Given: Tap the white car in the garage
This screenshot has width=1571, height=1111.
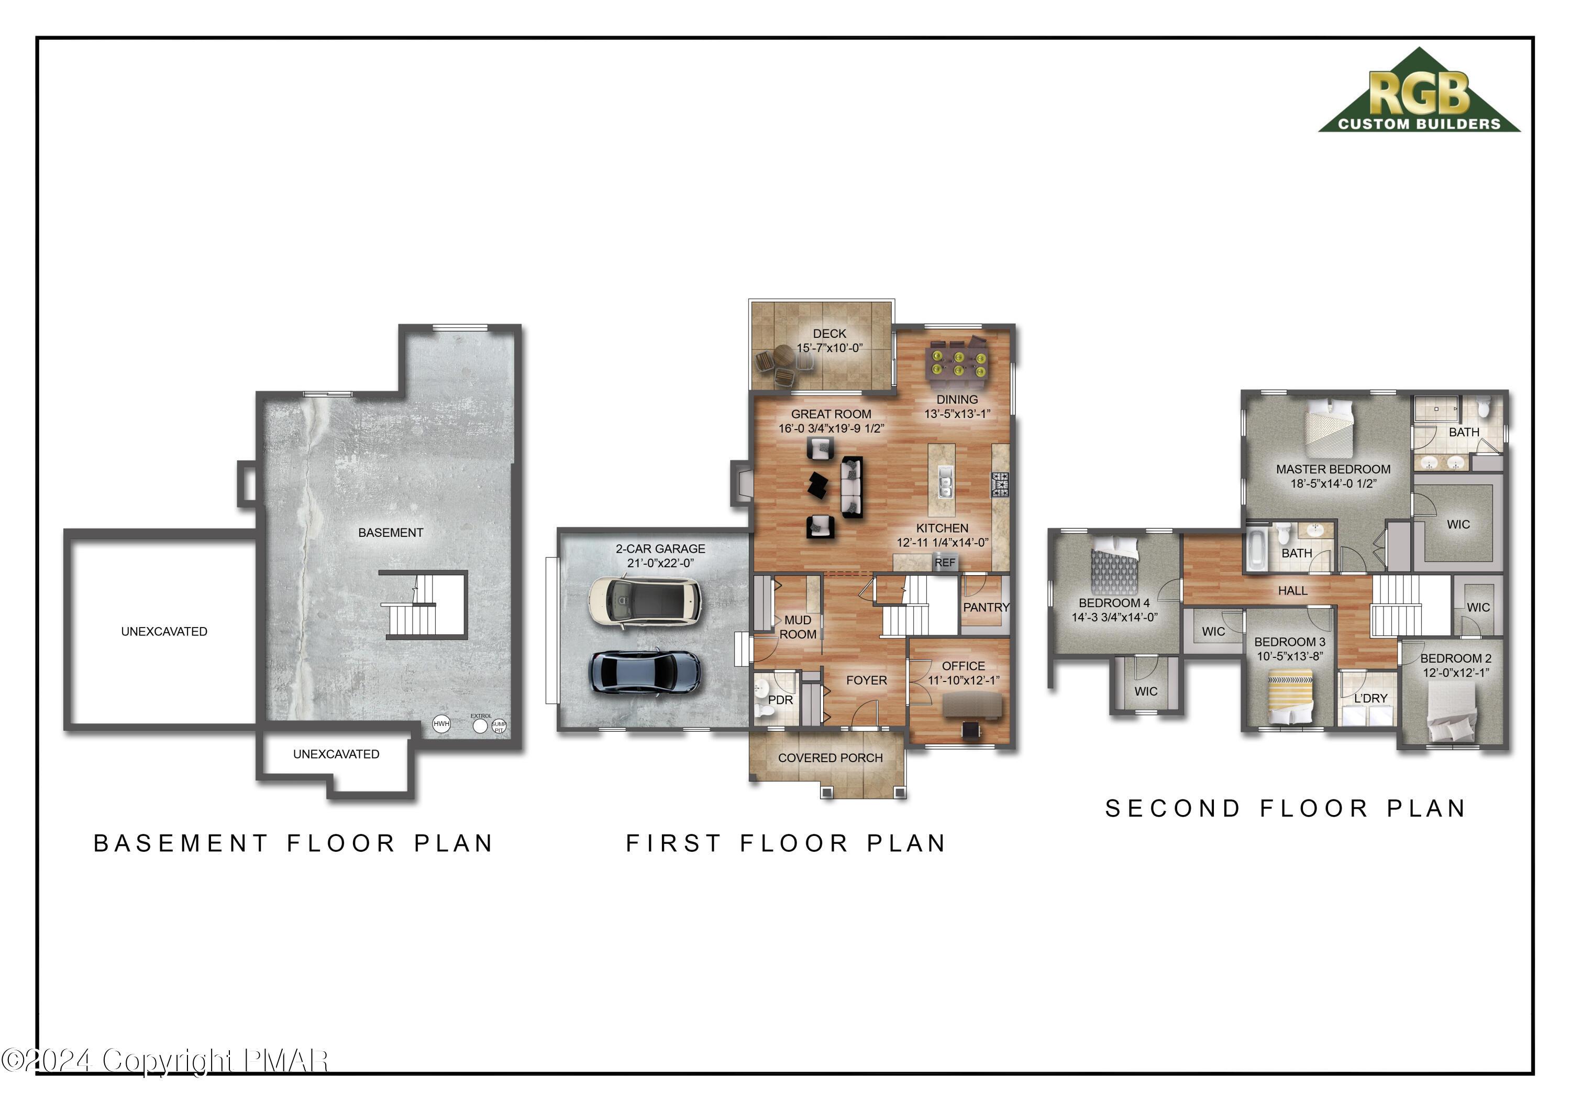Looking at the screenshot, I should [645, 601].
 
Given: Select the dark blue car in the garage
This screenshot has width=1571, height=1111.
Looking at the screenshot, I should [645, 672].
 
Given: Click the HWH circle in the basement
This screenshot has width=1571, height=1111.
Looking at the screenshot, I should [441, 723].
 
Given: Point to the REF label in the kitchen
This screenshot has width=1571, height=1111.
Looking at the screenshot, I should [944, 563].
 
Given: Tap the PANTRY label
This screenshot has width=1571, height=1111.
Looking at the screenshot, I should [986, 607].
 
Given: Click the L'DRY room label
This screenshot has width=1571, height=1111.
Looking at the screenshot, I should [1370, 698].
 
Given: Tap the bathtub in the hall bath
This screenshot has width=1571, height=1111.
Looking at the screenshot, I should [1256, 549].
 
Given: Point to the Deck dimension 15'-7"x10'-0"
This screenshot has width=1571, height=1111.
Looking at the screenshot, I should [829, 348].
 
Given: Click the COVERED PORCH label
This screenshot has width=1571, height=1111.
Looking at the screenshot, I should [830, 758].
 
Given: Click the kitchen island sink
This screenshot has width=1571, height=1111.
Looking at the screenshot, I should [945, 482].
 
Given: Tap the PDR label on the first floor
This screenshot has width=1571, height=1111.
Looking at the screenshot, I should [780, 700].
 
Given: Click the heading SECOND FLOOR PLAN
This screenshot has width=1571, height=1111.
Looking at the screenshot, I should [1286, 808].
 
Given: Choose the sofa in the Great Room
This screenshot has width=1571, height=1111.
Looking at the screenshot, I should [851, 487].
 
